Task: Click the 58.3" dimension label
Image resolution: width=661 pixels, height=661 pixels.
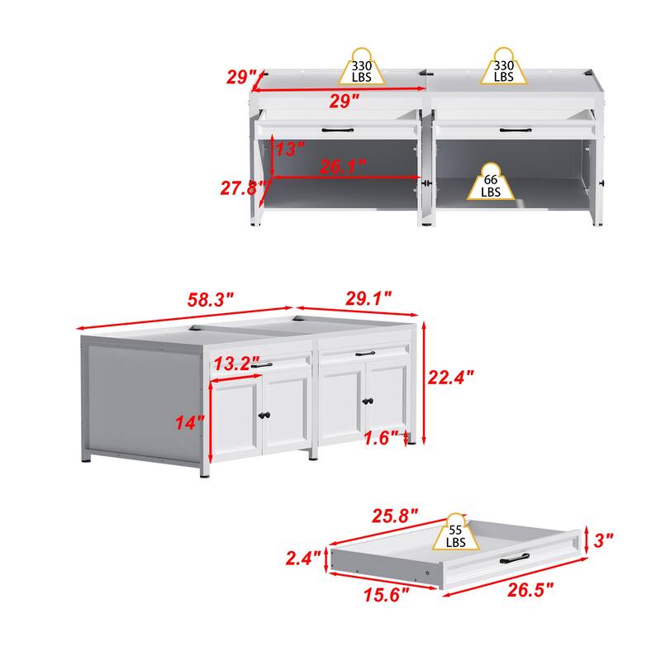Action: [211, 300]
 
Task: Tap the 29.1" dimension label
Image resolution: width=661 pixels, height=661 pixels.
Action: [369, 298]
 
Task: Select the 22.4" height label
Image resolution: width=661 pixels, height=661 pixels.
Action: [450, 377]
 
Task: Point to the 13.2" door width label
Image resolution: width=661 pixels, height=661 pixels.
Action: [236, 364]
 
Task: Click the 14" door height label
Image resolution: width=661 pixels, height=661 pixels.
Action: [190, 422]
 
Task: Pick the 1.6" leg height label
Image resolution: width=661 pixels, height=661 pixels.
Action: [381, 439]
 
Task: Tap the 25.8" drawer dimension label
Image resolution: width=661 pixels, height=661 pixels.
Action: [395, 516]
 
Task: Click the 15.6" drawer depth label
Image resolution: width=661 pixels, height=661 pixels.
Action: [386, 595]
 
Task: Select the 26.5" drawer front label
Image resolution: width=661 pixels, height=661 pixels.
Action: [530, 589]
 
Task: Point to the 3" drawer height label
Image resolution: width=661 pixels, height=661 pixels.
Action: [603, 540]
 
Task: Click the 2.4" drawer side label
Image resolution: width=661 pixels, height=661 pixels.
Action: [303, 559]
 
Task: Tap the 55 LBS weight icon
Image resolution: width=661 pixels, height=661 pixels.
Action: [456, 532]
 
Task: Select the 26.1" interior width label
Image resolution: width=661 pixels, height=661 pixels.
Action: [342, 167]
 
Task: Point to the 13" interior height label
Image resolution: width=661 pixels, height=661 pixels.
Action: [290, 150]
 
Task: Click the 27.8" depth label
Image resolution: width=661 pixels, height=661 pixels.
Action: [244, 188]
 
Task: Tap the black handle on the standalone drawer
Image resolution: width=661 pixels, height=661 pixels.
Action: [515, 559]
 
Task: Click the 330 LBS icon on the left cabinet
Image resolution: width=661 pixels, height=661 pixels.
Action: [362, 67]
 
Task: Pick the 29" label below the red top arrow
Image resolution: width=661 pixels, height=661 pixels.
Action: [345, 101]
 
